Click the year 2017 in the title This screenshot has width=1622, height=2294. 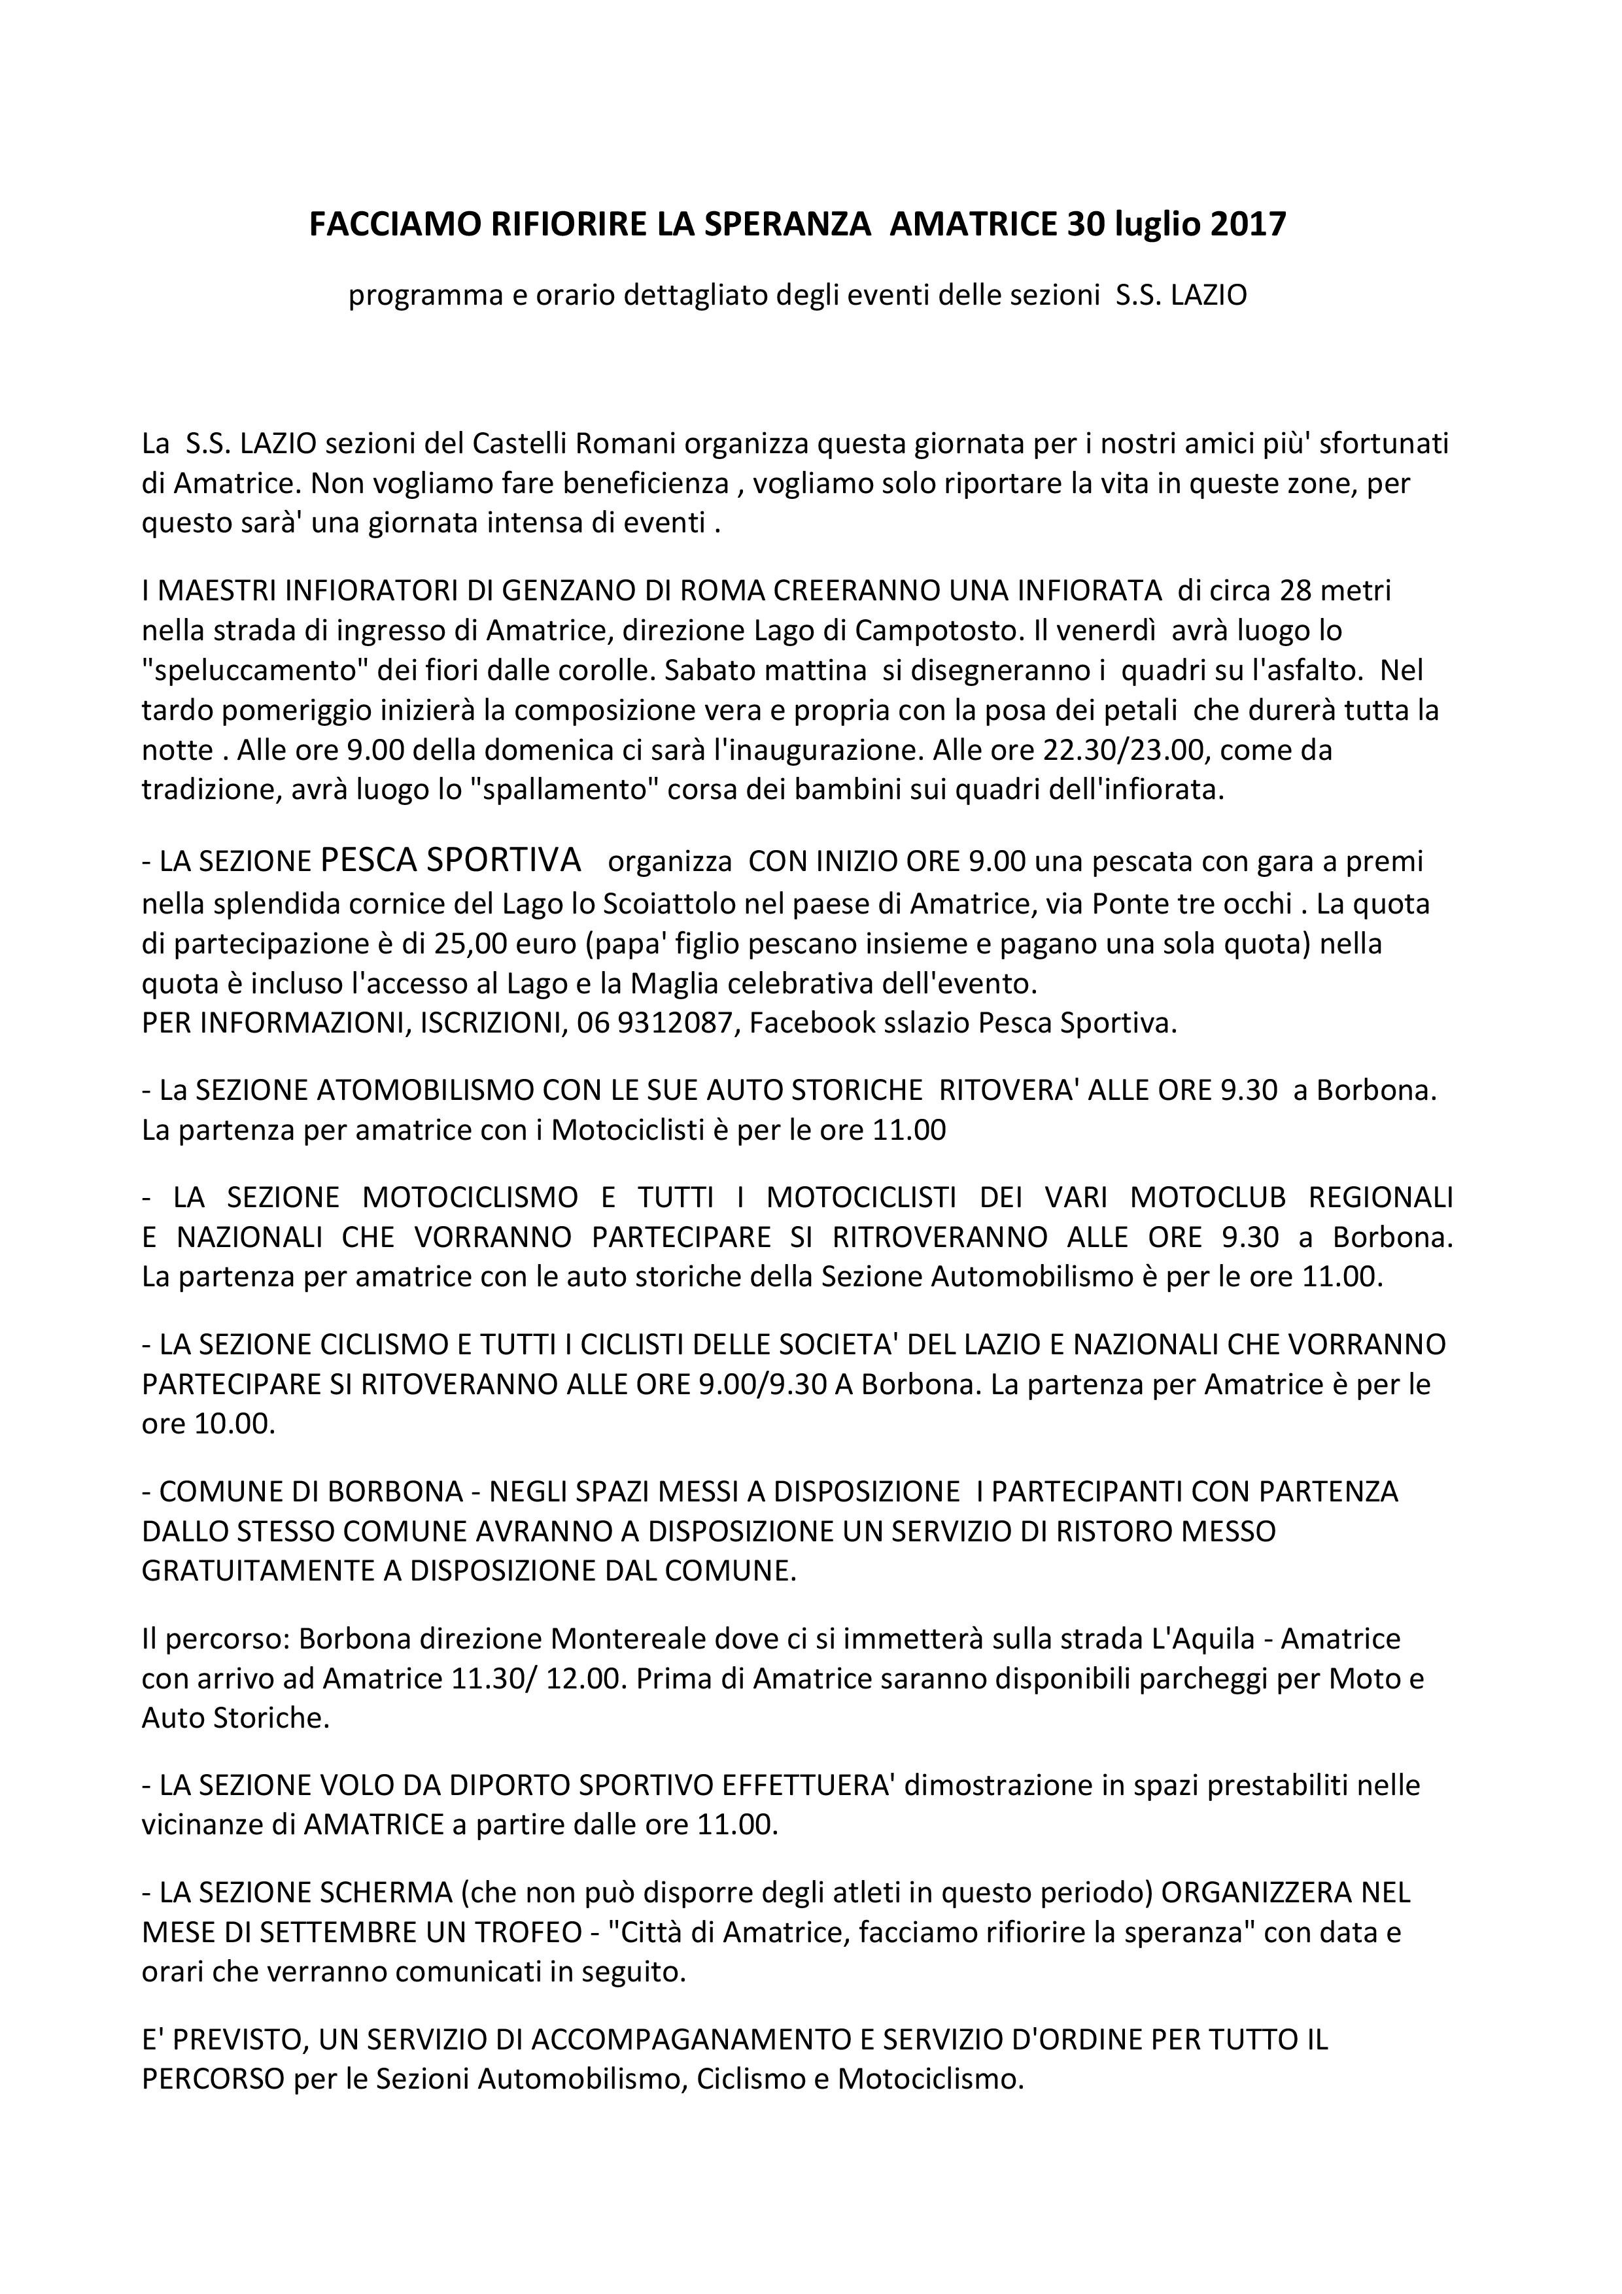[x=1249, y=225]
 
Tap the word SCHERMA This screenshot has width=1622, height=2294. [x=381, y=1891]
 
